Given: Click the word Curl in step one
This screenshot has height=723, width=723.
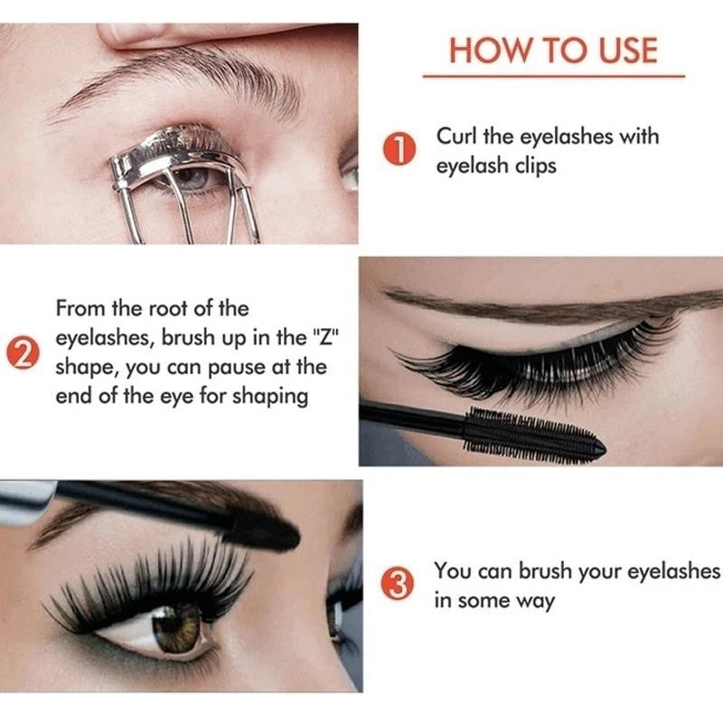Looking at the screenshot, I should point(457,136).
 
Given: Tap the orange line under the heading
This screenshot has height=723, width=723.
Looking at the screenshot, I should point(553,77).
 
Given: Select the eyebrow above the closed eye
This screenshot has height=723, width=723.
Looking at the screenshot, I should point(542,305).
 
